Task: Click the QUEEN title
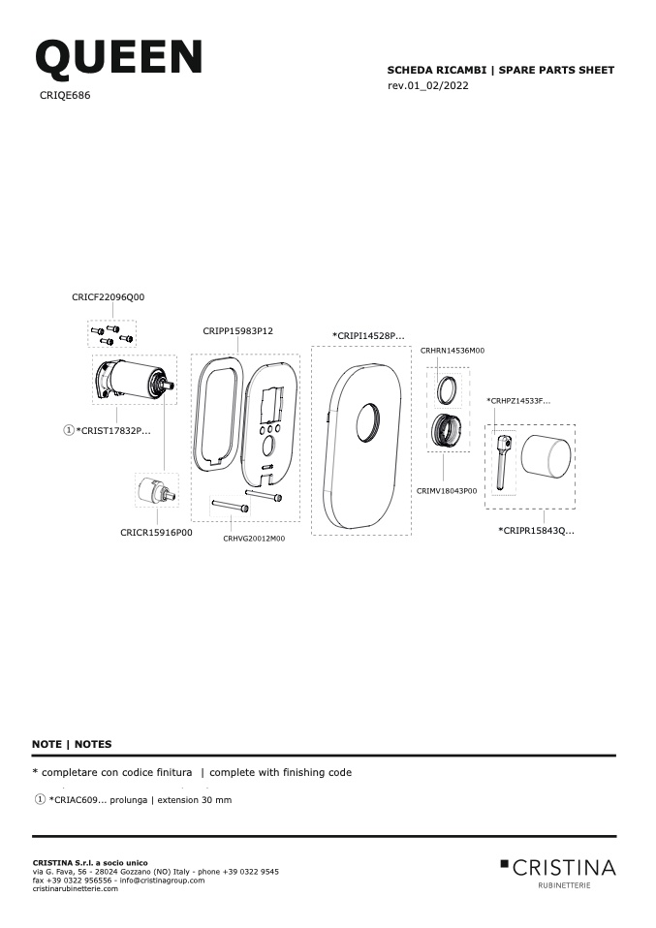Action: click(x=119, y=58)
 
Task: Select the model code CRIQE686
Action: click(x=65, y=95)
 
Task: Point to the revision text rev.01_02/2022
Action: click(x=428, y=86)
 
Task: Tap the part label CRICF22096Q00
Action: click(x=109, y=297)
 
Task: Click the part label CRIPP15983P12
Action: click(x=238, y=331)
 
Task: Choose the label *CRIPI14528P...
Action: click(x=368, y=335)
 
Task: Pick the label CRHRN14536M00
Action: click(x=453, y=351)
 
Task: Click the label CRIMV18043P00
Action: click(x=447, y=490)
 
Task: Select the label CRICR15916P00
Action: click(x=156, y=533)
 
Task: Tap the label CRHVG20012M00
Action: click(x=254, y=539)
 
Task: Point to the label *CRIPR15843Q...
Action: click(x=537, y=530)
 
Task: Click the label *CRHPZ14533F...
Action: click(x=518, y=401)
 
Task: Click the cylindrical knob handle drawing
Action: click(x=547, y=455)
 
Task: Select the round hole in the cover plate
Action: click(x=370, y=422)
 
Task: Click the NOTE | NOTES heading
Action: click(x=72, y=744)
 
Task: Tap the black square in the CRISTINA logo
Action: click(x=505, y=863)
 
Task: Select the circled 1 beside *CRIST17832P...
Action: click(x=69, y=430)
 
